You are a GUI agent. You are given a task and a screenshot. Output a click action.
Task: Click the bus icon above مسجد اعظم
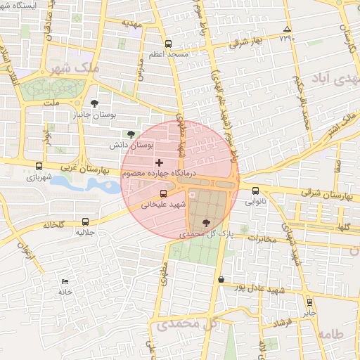tap(168, 44)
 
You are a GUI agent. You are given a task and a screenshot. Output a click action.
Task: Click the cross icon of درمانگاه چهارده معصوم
tap(159, 162)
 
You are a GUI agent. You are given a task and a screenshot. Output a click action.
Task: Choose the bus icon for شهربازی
tap(39, 167)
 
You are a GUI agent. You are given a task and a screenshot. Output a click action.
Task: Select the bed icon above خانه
tap(65, 281)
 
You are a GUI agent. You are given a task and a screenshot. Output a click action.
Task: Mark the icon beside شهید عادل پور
tap(221, 279)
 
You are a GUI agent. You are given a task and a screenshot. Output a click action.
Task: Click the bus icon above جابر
tap(309, 303)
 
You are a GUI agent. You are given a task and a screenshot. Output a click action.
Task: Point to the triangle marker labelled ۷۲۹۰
tap(286, 30)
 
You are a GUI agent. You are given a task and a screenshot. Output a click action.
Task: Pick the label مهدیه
tap(132, 22)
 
